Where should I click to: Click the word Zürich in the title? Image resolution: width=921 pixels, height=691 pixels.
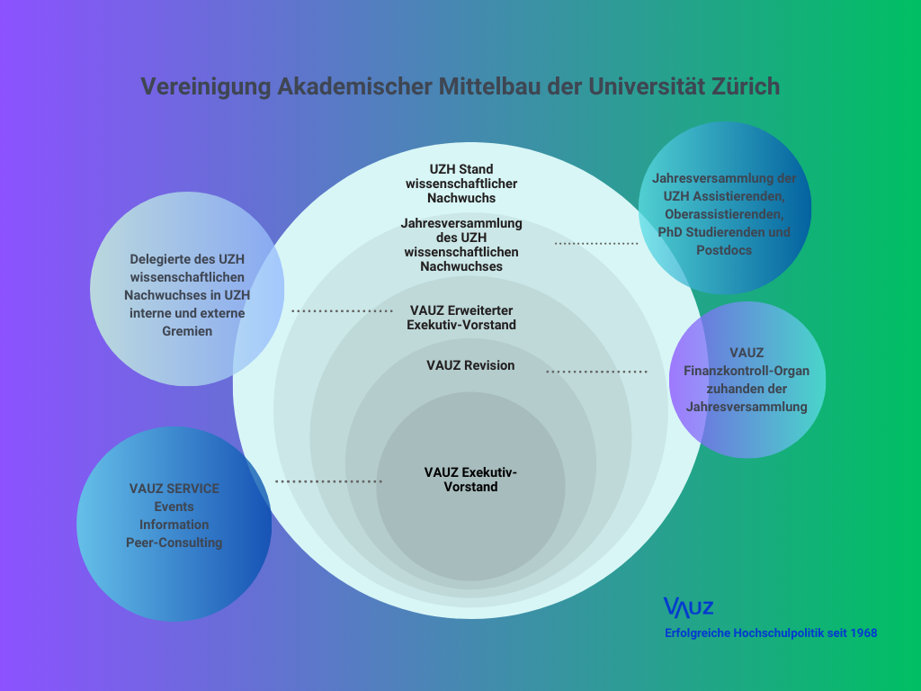(746, 86)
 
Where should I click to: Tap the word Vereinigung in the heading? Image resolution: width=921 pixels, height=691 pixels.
(206, 87)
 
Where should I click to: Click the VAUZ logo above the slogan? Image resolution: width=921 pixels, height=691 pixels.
(688, 607)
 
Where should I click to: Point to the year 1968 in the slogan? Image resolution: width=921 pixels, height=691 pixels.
(863, 633)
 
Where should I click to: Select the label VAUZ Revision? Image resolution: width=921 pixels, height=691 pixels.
(470, 365)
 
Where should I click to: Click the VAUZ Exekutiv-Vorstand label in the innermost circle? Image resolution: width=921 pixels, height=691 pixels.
(470, 480)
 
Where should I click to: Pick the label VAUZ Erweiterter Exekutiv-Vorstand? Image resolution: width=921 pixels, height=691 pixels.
(461, 318)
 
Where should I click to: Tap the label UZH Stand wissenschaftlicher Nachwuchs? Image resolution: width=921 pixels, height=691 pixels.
(461, 184)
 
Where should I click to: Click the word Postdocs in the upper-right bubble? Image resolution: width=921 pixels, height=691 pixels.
(724, 250)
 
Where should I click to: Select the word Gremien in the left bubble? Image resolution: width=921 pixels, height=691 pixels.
(187, 331)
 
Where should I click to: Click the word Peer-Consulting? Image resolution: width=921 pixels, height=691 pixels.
(174, 543)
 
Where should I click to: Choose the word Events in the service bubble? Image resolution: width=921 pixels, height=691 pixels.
(174, 507)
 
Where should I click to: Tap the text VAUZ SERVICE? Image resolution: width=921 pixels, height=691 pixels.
(174, 489)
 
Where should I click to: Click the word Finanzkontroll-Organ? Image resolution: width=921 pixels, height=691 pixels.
(747, 371)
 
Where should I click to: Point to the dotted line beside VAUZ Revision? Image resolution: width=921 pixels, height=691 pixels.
(597, 372)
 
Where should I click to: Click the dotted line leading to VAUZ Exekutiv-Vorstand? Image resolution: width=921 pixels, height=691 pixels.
(329, 482)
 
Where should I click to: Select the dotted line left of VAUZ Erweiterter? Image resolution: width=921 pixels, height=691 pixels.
(343, 310)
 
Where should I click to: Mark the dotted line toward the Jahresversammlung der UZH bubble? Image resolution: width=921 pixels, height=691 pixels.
(596, 243)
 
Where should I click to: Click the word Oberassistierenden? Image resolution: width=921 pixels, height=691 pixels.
(724, 214)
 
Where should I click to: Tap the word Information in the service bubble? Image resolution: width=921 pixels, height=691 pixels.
(174, 525)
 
